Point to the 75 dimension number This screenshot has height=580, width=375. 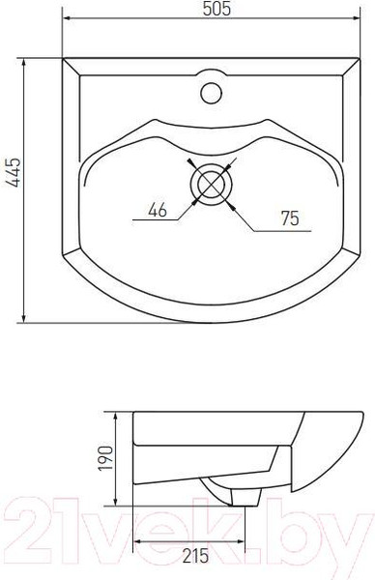(x=288, y=218)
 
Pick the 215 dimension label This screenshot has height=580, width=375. (x=196, y=557)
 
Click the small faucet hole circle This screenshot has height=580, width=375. (x=210, y=94)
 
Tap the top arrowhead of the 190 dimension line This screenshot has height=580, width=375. (x=117, y=417)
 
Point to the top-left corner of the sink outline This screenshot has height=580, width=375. (x=63, y=60)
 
